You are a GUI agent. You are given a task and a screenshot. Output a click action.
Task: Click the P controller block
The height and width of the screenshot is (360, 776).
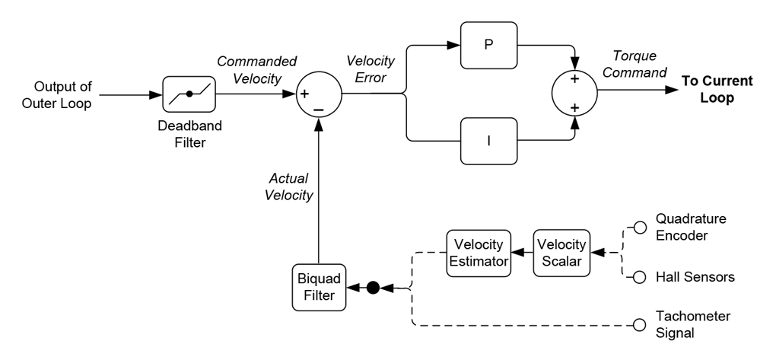pyautogui.click(x=488, y=44)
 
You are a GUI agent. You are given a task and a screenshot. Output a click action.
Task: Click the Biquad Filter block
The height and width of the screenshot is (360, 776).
pyautogui.click(x=319, y=287)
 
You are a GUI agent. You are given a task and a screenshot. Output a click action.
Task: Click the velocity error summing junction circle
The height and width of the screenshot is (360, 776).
pyautogui.click(x=318, y=95)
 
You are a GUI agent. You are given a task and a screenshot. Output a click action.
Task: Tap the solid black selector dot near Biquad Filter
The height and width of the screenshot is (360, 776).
pyautogui.click(x=373, y=288)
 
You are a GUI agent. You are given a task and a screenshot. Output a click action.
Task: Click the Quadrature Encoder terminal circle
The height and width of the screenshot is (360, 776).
pyautogui.click(x=641, y=227)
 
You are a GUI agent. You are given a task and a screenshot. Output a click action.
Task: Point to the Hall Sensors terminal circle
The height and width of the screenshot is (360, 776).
pyautogui.click(x=641, y=278)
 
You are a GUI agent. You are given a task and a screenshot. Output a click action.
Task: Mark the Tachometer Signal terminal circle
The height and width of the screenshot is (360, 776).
pyautogui.click(x=641, y=326)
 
